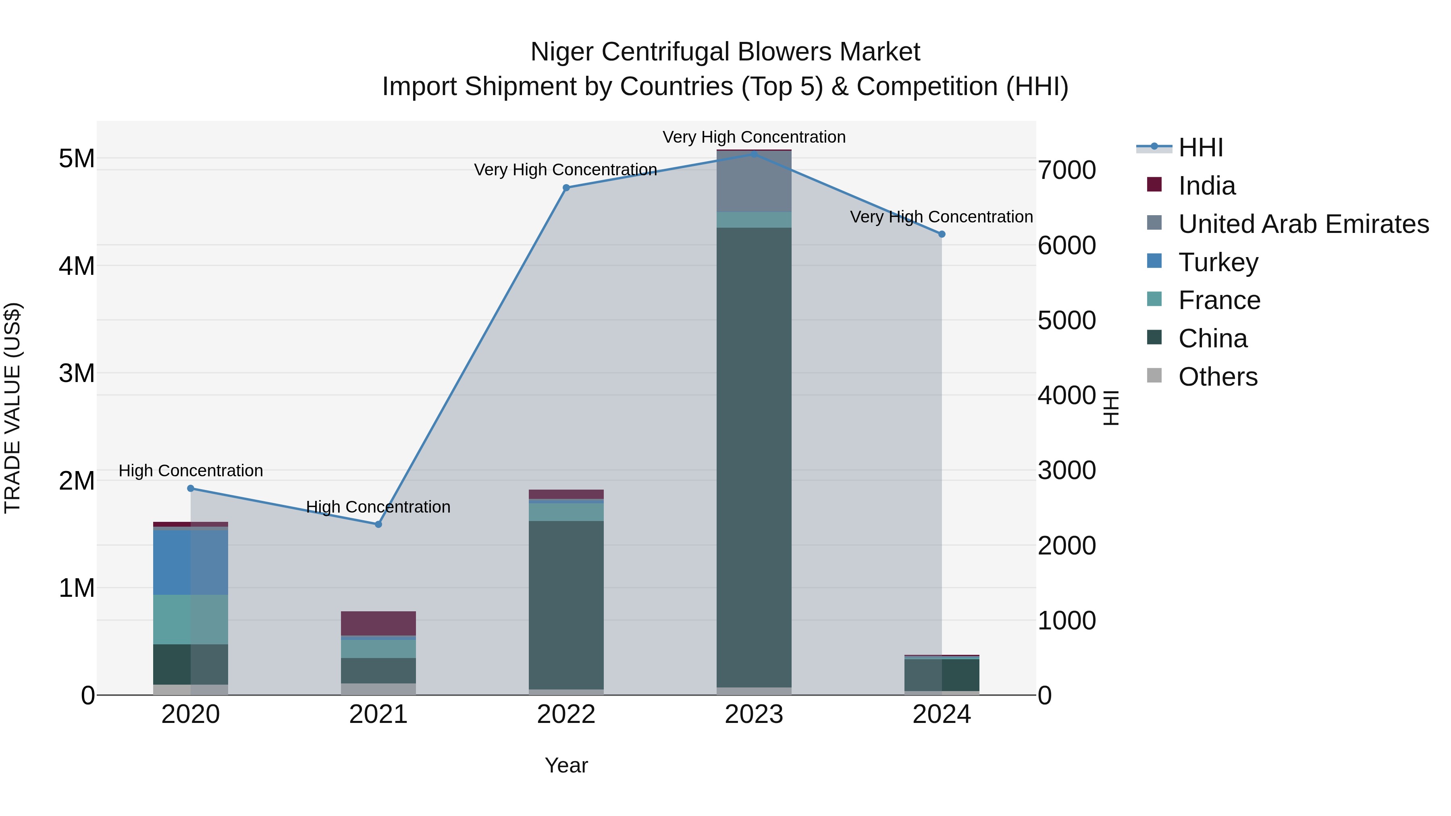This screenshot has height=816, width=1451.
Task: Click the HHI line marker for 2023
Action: pyautogui.click(x=754, y=154)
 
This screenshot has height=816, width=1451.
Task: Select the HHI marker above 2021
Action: pyautogui.click(x=378, y=524)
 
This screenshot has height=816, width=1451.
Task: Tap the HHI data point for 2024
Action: pyautogui.click(x=942, y=234)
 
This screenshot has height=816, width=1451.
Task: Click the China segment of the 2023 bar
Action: pyautogui.click(x=754, y=456)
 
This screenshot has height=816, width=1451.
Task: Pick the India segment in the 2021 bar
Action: pyautogui.click(x=378, y=623)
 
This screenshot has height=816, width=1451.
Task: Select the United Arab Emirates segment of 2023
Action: pyautogui.click(x=754, y=181)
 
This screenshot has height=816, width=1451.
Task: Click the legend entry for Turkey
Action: pyautogui.click(x=1218, y=262)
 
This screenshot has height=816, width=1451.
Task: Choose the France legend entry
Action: pyautogui.click(x=1219, y=300)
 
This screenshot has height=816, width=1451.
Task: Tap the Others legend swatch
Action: pyautogui.click(x=1154, y=376)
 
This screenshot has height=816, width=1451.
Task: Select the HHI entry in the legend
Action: pyautogui.click(x=1200, y=147)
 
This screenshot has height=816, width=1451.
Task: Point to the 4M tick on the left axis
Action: pyautogui.click(x=77, y=266)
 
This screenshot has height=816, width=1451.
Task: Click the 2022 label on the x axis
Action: pyautogui.click(x=566, y=714)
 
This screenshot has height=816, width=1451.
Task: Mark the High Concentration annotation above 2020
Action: pyautogui.click(x=190, y=470)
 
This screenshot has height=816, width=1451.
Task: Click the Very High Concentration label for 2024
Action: pyautogui.click(x=941, y=217)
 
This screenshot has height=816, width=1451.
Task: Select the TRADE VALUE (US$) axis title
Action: pyautogui.click(x=12, y=408)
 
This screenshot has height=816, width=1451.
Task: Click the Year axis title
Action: pyautogui.click(x=566, y=765)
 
